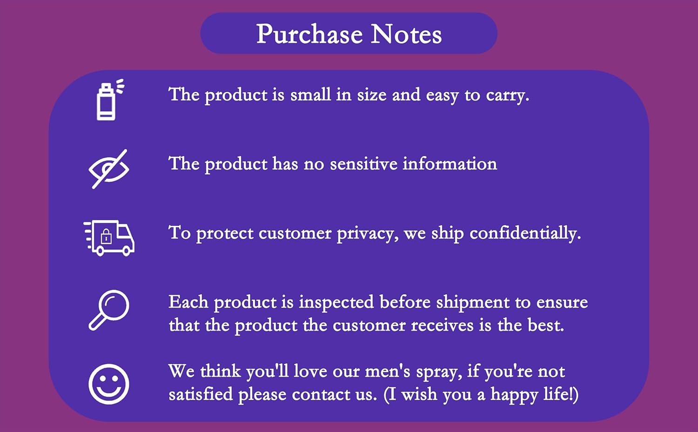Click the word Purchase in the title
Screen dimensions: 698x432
coord(310,34)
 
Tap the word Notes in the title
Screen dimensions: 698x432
coord(406,34)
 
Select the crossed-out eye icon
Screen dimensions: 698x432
coord(109,169)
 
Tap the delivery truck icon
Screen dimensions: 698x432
coord(109,238)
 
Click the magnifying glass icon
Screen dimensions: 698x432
coord(109,310)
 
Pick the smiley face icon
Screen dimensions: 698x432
coord(109,384)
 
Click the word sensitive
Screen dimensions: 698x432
coord(363,164)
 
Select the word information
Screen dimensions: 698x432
coord(450,164)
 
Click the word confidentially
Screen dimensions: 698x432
coord(525,233)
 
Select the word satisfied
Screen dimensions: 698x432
coord(201,394)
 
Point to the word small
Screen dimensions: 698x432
coord(310,94)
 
